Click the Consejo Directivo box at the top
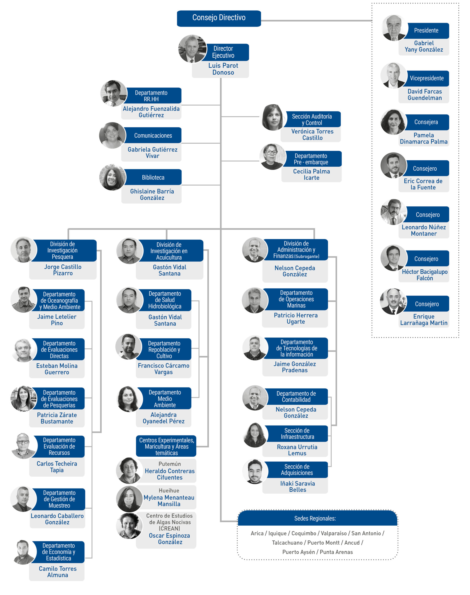[x=219, y=18]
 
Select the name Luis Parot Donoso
[x=223, y=69]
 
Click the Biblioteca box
[x=153, y=177]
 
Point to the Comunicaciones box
[x=153, y=135]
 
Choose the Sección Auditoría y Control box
[x=312, y=119]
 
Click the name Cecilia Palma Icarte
[x=312, y=175]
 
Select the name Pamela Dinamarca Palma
[x=424, y=139]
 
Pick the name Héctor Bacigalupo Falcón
[x=425, y=275]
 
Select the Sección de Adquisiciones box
[x=297, y=470]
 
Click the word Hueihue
[x=169, y=491]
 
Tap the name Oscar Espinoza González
[x=170, y=539]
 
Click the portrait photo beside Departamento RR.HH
[x=114, y=93]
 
